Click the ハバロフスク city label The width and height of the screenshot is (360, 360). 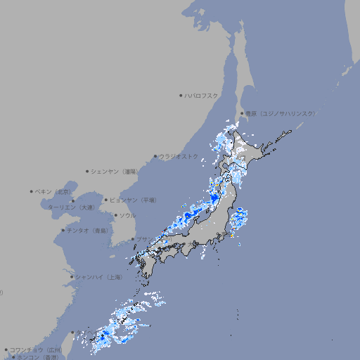(x=201, y=95)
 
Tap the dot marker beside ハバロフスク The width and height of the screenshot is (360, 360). (x=181, y=95)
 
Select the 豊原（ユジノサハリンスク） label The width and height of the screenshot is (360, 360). (x=281, y=113)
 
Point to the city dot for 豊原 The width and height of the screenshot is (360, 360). (x=242, y=113)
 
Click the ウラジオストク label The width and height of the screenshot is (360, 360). (x=179, y=156)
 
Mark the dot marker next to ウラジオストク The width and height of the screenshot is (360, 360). (x=155, y=156)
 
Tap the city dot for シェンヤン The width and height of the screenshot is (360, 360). (x=87, y=171)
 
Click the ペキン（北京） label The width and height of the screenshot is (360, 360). (x=54, y=191)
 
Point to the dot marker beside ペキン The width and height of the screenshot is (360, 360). (x=32, y=191)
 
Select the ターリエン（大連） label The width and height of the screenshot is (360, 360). (x=71, y=207)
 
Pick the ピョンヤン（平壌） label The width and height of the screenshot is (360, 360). (x=133, y=200)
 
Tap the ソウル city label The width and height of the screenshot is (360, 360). (x=127, y=215)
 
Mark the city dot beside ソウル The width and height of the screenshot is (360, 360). (x=115, y=215)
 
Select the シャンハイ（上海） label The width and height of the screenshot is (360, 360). (x=98, y=277)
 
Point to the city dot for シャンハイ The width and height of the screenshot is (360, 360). (x=72, y=277)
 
